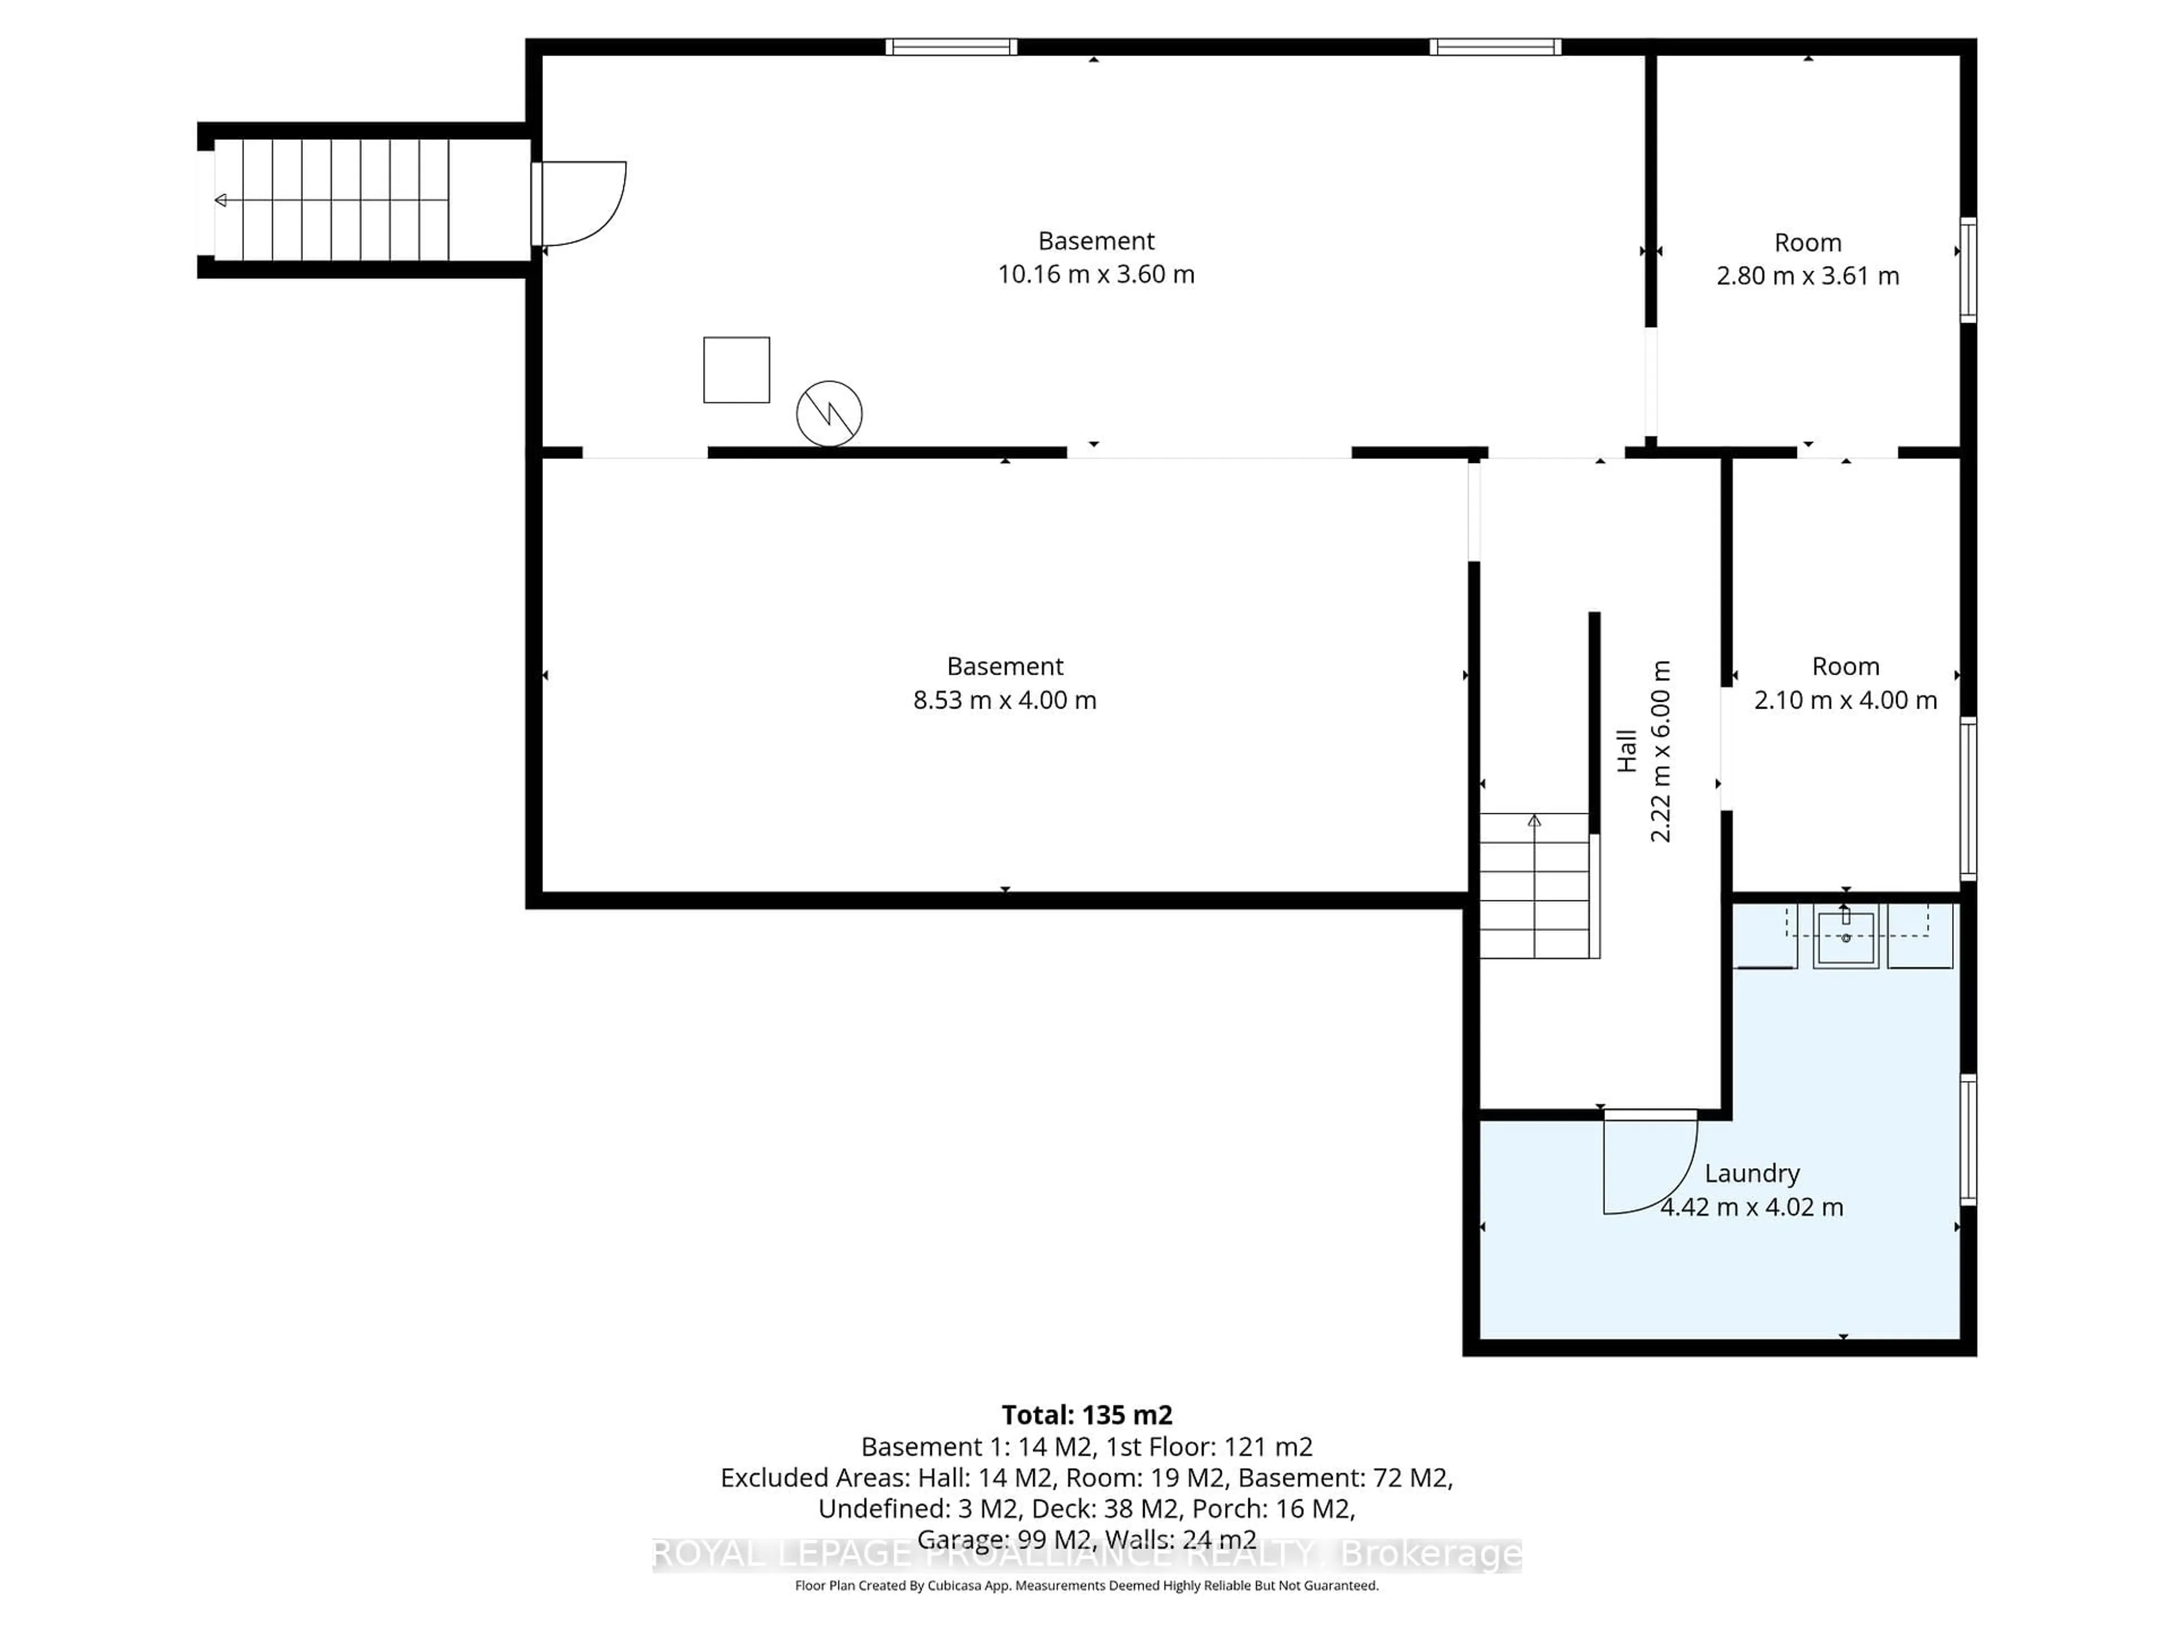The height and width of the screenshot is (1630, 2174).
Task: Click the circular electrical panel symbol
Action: coord(828,414)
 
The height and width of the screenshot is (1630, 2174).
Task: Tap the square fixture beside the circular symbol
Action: coord(736,370)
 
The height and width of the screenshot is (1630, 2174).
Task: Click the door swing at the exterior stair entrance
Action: coord(580,203)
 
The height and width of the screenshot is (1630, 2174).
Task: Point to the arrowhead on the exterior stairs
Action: coord(221,200)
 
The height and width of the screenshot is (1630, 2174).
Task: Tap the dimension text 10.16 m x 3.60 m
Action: coord(1096,274)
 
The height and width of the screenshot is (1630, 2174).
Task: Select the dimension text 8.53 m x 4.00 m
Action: coord(1004,700)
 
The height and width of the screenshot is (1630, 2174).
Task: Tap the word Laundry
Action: coord(1752,1173)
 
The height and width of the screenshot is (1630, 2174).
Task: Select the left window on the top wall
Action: coord(951,47)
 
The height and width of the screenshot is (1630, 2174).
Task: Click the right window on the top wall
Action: coord(1495,47)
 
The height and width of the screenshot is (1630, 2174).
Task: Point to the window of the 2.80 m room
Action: coord(1967,269)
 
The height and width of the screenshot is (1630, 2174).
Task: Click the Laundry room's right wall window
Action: coord(1967,1140)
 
